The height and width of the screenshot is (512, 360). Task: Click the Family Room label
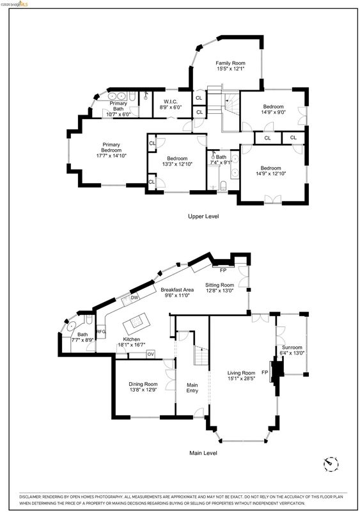click(230, 63)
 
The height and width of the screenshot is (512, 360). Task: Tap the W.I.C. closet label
click(170, 102)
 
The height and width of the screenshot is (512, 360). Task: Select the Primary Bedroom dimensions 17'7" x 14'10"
click(111, 156)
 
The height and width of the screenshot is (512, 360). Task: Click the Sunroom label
click(292, 348)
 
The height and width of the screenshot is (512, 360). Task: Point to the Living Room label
click(241, 373)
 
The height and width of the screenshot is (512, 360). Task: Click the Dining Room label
click(143, 384)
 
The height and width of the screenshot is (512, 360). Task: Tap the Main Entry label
click(192, 388)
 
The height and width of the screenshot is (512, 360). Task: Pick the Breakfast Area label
click(177, 290)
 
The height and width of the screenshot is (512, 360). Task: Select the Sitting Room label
click(219, 285)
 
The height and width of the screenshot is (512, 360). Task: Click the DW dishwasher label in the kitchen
click(134, 298)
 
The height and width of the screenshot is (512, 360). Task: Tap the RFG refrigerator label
click(101, 332)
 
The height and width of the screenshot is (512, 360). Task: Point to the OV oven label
click(150, 354)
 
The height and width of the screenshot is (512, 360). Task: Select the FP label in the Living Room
click(265, 372)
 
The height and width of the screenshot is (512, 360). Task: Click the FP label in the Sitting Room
click(223, 270)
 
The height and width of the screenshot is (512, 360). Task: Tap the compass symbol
click(331, 463)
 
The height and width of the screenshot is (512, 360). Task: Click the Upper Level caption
click(203, 216)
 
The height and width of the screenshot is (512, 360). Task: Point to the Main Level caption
click(203, 453)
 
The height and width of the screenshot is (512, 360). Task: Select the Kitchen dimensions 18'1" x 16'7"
click(132, 345)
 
